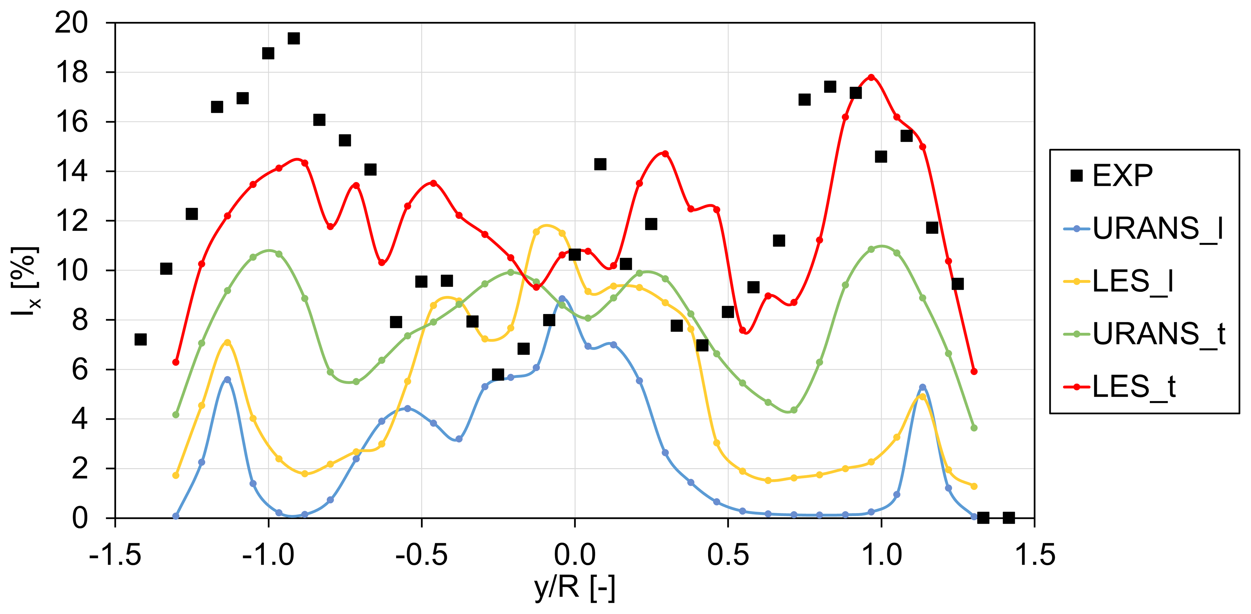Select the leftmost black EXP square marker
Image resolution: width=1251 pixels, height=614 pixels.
pos(141,339)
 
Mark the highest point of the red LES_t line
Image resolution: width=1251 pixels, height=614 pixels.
pos(871,77)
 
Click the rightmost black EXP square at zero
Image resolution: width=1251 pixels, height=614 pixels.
pos(1009,517)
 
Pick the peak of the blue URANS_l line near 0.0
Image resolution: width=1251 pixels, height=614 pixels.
pos(562,299)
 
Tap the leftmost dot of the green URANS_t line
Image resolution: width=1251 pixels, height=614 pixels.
pos(176,414)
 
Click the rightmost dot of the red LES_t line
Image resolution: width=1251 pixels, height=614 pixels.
pos(974,371)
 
